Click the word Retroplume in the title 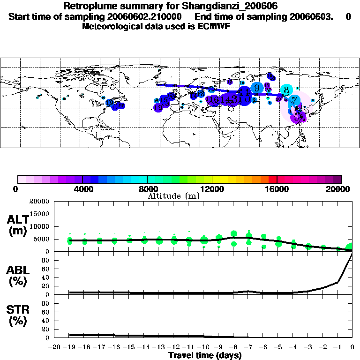click(87, 6)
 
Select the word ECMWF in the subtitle click(215, 26)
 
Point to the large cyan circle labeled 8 click(286, 90)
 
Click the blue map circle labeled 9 click(257, 88)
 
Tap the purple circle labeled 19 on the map click(158, 107)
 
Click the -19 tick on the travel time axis click(69, 347)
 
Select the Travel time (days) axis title click(205, 356)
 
